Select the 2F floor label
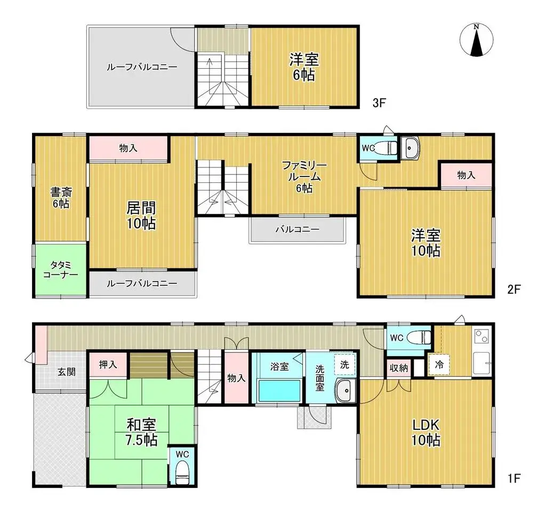click(x=513, y=290)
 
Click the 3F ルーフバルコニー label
click(x=141, y=67)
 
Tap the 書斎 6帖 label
click(x=60, y=197)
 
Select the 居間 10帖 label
click(x=141, y=215)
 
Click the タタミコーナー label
click(x=60, y=269)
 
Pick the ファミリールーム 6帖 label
click(x=302, y=177)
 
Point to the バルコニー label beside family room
click(x=297, y=229)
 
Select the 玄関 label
click(x=66, y=372)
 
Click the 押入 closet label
click(x=108, y=365)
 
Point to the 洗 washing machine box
click(x=344, y=365)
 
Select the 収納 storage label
click(x=398, y=368)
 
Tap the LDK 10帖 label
click(x=425, y=433)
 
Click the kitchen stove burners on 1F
click(x=480, y=337)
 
